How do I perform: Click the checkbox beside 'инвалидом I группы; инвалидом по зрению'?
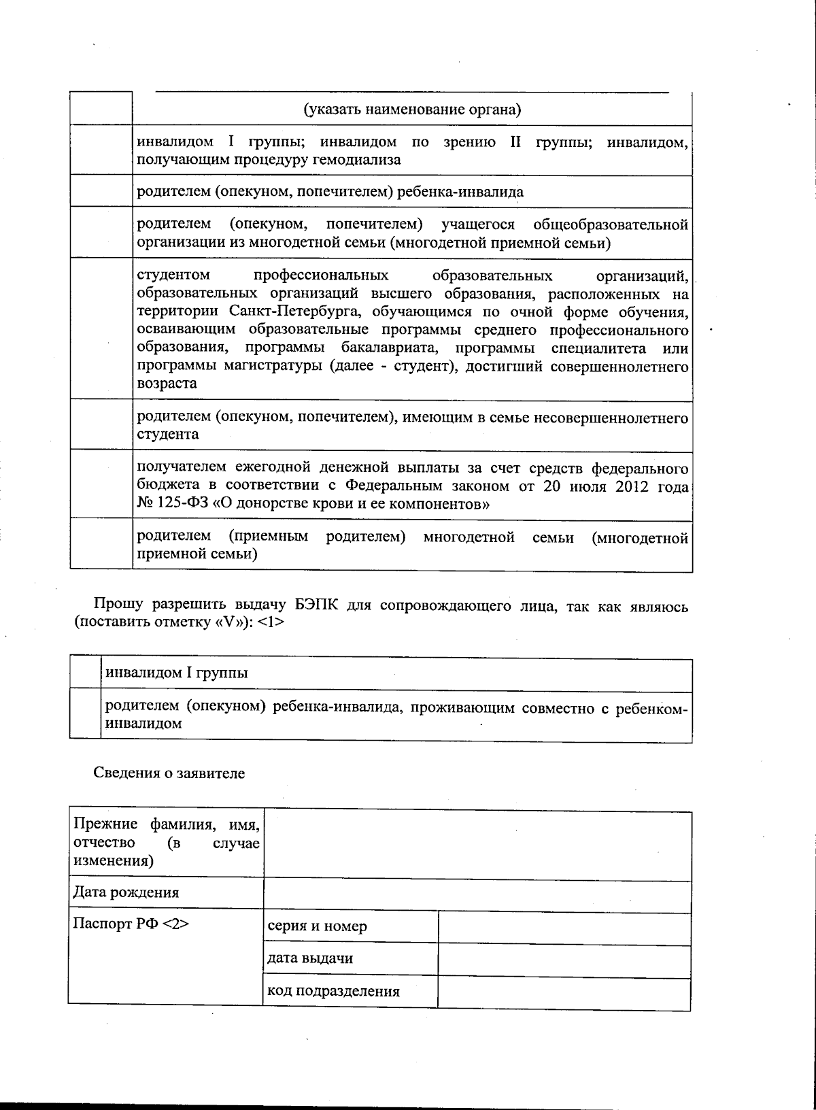101,150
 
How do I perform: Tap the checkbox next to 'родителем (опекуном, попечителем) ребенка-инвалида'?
101,191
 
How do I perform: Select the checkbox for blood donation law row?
101,484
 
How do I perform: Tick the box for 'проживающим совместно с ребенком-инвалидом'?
85,714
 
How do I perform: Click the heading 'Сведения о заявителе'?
168,773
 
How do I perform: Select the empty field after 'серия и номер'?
564,928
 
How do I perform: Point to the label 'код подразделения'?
333,991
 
